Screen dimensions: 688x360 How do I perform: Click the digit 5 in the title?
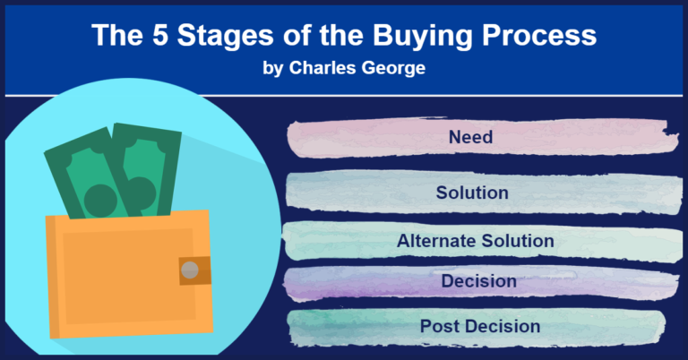(x=160, y=35)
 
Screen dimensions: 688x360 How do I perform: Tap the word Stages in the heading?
(x=226, y=36)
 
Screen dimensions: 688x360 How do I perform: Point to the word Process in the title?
(x=539, y=35)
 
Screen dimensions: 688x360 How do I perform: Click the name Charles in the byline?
(x=322, y=67)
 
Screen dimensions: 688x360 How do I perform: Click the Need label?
(x=470, y=137)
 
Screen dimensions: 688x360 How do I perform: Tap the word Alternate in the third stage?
(x=436, y=241)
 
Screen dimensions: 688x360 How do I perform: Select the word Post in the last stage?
(x=440, y=326)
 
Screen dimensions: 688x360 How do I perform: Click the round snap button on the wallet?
(x=190, y=270)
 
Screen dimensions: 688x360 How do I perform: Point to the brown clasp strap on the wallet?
(x=194, y=270)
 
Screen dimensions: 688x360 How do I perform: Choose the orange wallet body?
(x=129, y=275)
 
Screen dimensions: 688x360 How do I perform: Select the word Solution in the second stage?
(x=472, y=193)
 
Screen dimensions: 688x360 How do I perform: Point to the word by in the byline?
(x=272, y=69)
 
